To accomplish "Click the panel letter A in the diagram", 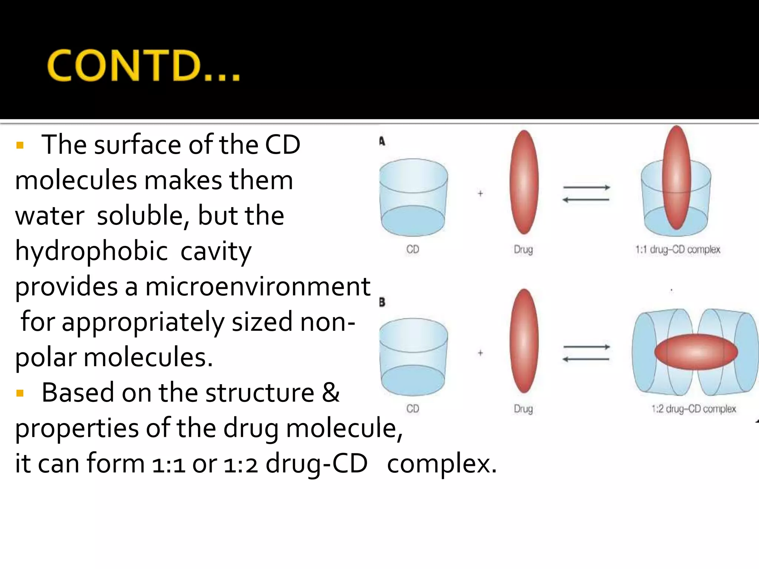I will (382, 142).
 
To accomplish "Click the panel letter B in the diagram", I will (382, 302).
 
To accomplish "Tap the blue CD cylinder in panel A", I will (413, 197).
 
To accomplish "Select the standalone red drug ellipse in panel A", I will (524, 182).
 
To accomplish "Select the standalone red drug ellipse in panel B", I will (524, 341).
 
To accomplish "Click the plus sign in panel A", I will (480, 193).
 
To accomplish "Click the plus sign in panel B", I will (480, 353).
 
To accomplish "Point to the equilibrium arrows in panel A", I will (586, 194).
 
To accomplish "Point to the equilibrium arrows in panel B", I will (586, 353).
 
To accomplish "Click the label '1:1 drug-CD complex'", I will (678, 250).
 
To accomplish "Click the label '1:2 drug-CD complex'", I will (693, 409).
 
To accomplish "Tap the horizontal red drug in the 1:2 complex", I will (696, 352).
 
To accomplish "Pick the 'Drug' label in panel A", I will (523, 250).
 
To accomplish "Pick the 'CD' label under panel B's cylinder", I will (413, 409).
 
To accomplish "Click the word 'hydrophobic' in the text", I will (91, 251).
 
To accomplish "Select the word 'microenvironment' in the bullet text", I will (258, 286).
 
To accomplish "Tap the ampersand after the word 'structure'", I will (331, 393).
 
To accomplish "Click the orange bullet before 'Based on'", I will (20, 393).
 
